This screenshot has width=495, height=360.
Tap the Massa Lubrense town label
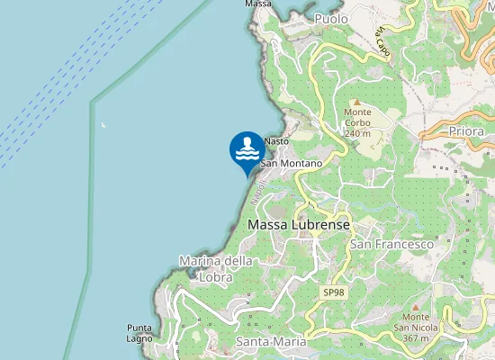tap(298, 224)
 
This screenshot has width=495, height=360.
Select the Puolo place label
tap(331, 18)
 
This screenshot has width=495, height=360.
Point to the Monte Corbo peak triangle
tap(355, 102)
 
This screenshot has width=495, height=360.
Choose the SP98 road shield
tap(333, 293)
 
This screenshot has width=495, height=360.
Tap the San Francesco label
tap(392, 244)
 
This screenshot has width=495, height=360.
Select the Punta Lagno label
tap(139, 333)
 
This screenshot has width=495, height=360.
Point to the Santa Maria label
tap(271, 343)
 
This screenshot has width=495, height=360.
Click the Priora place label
tap(464, 131)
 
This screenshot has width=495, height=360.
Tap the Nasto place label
tap(276, 141)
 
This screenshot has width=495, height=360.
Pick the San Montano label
tap(292, 164)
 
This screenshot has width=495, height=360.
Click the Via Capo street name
tap(383, 44)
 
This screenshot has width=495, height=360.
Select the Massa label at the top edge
tap(258, 4)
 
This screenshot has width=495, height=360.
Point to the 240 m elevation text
tap(358, 133)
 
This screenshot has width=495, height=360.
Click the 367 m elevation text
tap(415, 338)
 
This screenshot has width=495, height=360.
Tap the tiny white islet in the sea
tap(103, 124)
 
